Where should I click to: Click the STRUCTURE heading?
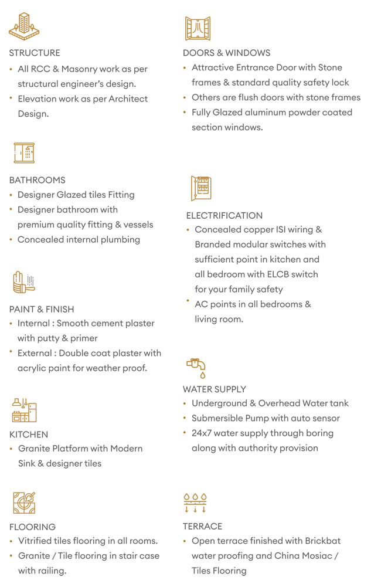click(35, 53)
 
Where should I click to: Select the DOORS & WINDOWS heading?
click(226, 53)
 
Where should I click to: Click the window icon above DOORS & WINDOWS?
click(197, 28)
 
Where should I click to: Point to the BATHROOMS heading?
click(37, 180)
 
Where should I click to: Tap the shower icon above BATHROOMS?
click(25, 153)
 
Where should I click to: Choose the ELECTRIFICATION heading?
click(224, 215)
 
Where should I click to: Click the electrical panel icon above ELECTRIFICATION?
click(201, 188)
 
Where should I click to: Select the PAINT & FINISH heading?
click(42, 309)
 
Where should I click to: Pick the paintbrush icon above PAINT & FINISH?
click(23, 282)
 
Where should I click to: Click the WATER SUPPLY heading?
click(215, 389)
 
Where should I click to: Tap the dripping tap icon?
click(197, 367)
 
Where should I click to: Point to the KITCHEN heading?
click(29, 435)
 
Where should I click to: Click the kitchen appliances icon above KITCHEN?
click(24, 410)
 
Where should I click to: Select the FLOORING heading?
click(32, 527)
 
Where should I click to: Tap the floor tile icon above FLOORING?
click(24, 503)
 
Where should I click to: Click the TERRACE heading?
click(202, 527)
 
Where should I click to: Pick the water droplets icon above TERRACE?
click(195, 503)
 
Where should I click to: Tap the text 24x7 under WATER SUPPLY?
click(202, 433)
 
